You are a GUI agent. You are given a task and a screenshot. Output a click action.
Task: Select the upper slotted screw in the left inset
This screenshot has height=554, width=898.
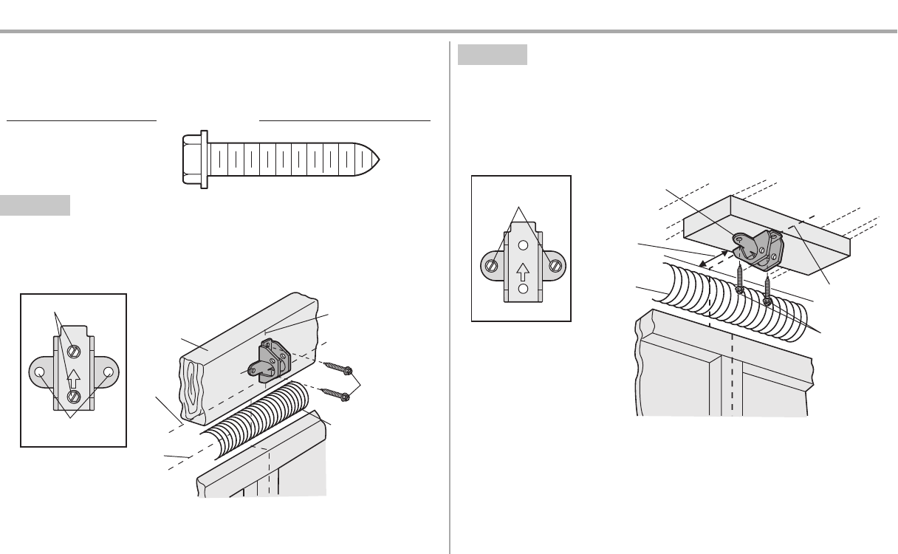click(74, 351)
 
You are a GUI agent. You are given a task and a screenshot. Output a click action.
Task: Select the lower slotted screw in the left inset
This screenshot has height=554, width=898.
click(74, 397)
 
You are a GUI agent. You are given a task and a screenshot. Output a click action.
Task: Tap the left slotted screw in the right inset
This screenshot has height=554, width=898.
click(490, 265)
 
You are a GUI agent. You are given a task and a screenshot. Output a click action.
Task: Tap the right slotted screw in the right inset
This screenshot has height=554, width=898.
click(556, 265)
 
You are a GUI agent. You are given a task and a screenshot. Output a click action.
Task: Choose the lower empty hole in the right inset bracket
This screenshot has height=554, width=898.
click(523, 289)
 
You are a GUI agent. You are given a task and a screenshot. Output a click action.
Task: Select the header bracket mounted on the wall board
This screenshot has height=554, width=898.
click(270, 359)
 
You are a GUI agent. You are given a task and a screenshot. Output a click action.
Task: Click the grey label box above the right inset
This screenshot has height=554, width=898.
click(492, 55)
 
